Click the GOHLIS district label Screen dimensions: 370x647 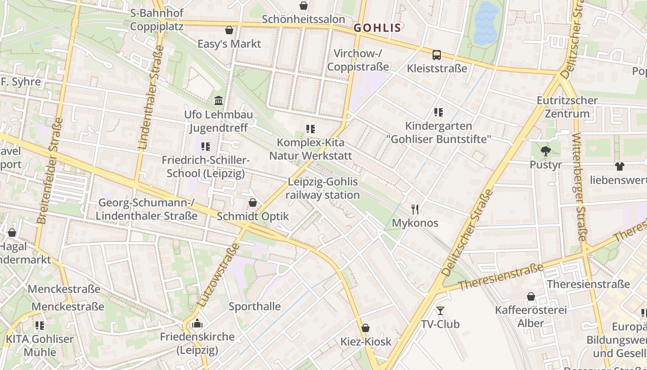point(377,28)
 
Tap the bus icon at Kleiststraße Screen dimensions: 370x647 point(436,55)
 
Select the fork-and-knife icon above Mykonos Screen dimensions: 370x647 point(415,210)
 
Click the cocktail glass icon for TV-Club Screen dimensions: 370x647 point(440,310)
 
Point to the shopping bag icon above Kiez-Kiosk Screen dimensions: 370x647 point(366,328)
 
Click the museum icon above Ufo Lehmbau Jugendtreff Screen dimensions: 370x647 point(219,100)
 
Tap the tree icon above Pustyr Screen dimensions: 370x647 point(546,150)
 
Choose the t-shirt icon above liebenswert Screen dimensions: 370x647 point(619,166)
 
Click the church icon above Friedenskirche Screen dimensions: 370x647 point(197,323)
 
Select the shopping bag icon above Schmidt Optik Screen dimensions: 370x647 point(253,203)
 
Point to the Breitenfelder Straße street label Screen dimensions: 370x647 point(49,171)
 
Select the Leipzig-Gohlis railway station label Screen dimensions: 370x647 point(322,188)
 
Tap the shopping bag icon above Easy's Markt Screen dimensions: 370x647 point(229,31)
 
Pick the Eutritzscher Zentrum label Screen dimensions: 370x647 point(567,107)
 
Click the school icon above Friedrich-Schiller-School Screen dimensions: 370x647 point(205,147)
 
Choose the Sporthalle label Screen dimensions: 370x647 point(255,306)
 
